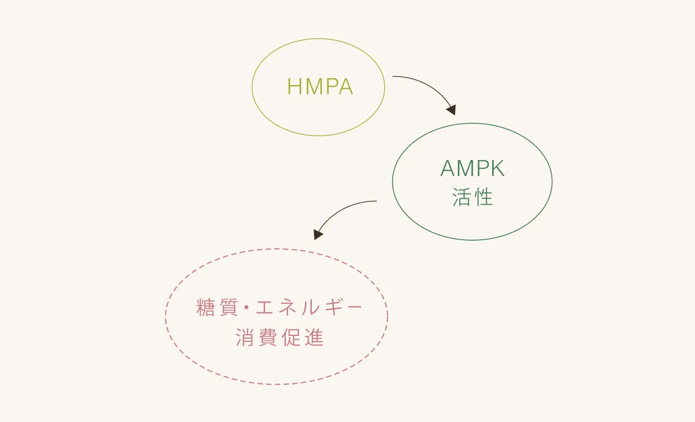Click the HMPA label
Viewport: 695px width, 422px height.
coord(320,87)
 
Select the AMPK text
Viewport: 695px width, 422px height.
coord(473,169)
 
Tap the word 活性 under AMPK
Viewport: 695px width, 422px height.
coord(473,197)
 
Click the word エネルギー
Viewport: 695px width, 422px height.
coord(309,308)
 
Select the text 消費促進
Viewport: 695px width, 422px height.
coord(279,339)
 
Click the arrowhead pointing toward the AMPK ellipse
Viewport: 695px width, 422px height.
coord(451,110)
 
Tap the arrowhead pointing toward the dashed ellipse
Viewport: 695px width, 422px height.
coord(318,234)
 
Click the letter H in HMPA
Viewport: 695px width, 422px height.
coord(294,87)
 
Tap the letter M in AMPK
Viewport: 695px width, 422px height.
coord(464,169)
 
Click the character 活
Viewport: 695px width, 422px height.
coord(461,197)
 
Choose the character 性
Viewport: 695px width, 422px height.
coord(484,197)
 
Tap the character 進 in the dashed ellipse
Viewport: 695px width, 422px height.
coord(314,339)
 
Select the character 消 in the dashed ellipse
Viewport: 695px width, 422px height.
coord(245,339)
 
